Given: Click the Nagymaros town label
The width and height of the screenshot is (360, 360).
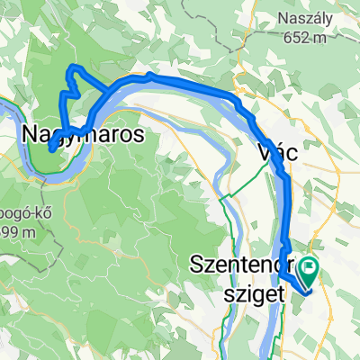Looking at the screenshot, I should [79, 135].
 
